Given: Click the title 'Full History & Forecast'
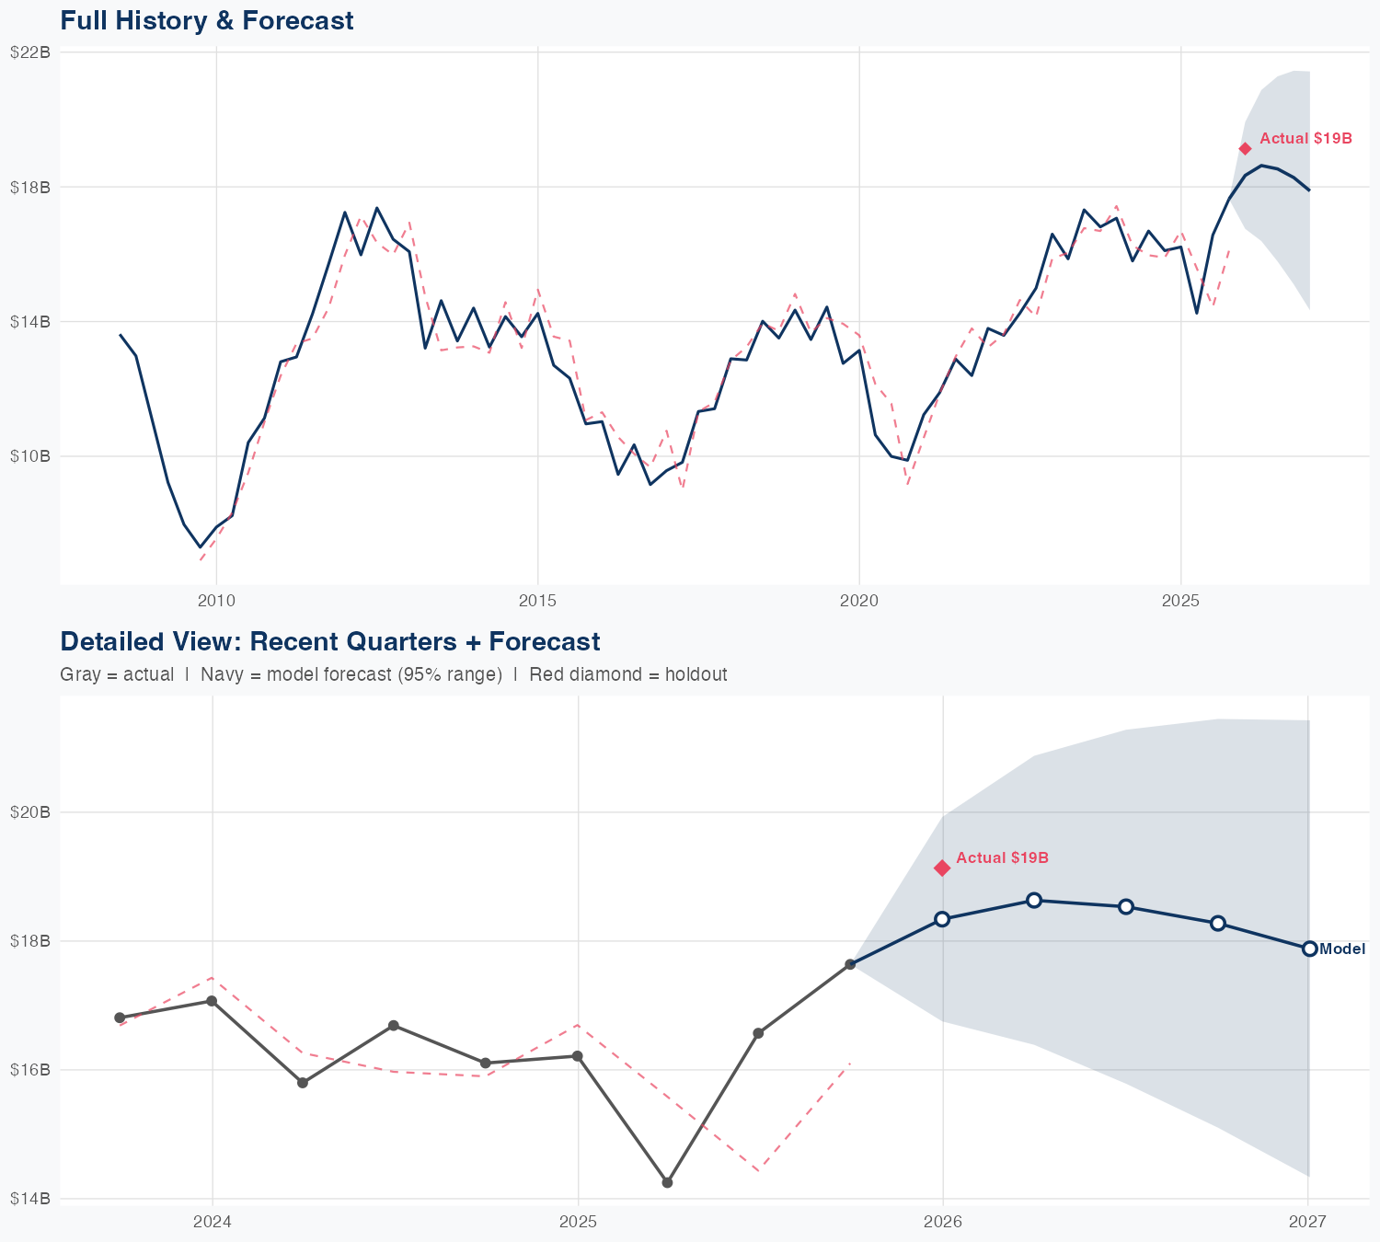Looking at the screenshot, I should pos(206,21).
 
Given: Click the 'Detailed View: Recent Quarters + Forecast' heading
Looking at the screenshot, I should pos(329,641).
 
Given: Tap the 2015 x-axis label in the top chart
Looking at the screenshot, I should pos(537,601).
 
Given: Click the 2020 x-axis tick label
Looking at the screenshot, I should pos(858,601).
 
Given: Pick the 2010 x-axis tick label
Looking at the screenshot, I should pos(216,601).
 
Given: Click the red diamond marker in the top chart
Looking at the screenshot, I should pos(1245,149).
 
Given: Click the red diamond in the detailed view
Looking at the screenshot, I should pos(942,868).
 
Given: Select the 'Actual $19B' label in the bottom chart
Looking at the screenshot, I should pos(1002,858).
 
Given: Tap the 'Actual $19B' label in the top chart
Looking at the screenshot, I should pos(1305,139).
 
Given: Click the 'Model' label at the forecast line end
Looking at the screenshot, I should pos(1342,949).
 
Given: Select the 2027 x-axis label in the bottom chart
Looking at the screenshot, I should pos(1307,1222).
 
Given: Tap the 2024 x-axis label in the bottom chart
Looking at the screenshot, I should pos(213,1222).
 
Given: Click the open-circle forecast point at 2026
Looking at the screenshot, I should pos(942,919).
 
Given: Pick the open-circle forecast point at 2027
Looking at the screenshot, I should pos(1309,949).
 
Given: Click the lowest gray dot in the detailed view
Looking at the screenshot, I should pos(667,1182).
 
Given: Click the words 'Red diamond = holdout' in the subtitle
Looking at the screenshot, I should pos(628,674).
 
